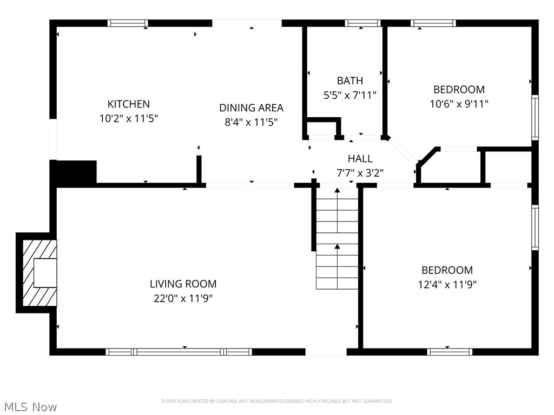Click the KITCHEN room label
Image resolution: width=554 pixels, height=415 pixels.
[x=128, y=104]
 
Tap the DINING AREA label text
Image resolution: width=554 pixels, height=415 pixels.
[x=251, y=108]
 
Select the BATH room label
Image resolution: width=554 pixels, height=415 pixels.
[x=349, y=81]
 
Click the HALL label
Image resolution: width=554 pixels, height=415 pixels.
[x=360, y=159]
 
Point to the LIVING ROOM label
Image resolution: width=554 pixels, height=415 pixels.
[x=183, y=284]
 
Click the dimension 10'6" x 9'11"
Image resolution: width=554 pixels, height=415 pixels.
[x=459, y=104]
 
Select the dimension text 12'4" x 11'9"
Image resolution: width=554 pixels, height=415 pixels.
[x=447, y=284]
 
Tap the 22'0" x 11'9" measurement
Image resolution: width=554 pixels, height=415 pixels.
[x=183, y=298]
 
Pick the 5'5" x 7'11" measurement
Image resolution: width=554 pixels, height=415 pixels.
[x=349, y=95]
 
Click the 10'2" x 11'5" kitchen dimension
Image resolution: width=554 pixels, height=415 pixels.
[x=128, y=118]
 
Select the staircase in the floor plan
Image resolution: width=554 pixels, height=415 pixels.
[x=337, y=243]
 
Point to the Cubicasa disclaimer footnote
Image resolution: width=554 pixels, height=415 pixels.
[x=276, y=401]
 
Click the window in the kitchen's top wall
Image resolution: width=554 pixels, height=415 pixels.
[x=128, y=23]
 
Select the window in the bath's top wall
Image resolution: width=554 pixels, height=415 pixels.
[x=363, y=23]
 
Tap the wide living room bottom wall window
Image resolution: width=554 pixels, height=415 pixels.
[x=179, y=352]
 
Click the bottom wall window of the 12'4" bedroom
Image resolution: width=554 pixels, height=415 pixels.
[x=450, y=352]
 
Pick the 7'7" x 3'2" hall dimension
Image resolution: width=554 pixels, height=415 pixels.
[x=360, y=173]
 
